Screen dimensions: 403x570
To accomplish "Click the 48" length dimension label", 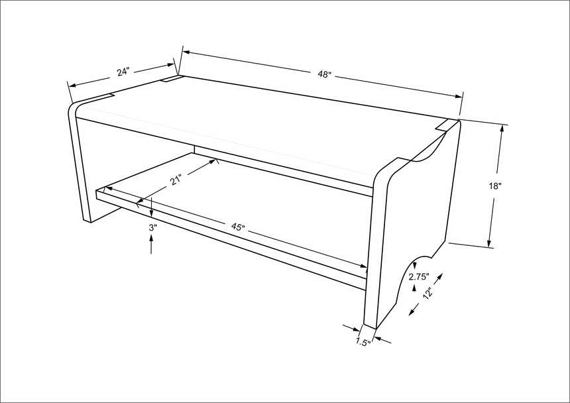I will point(323,75).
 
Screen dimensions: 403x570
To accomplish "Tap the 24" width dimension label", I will point(123,72).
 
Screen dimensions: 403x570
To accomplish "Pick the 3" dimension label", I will point(152,227).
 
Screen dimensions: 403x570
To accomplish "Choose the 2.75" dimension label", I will point(419,276).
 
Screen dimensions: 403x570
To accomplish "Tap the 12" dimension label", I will point(429,293).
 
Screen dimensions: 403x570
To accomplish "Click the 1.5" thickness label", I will point(363,342).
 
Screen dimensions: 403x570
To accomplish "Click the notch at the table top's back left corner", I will point(173,80).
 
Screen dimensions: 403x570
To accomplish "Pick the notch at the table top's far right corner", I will point(446,124).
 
